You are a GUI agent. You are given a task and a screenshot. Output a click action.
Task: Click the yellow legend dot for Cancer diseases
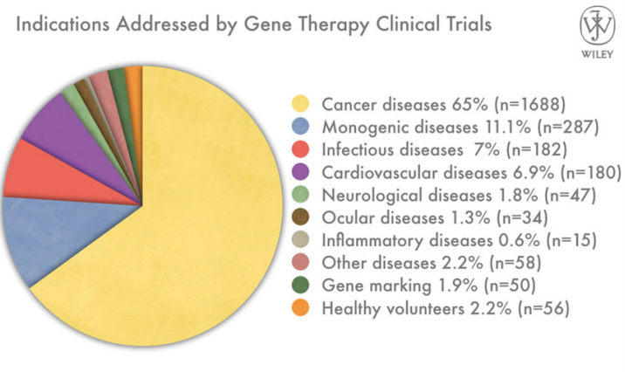pos(300,104)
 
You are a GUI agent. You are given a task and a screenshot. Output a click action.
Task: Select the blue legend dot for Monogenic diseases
pos(300,127)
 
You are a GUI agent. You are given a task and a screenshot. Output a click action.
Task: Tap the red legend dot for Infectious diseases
pos(300,149)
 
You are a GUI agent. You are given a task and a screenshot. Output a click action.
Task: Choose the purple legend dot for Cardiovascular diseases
pos(300,172)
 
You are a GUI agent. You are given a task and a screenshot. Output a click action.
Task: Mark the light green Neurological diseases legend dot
pos(300,195)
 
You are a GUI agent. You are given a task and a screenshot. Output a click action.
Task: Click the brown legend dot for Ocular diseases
pos(300,217)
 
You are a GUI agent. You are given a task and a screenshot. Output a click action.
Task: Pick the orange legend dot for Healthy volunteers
pos(300,307)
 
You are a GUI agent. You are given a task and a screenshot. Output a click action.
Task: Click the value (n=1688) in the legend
pos(530,105)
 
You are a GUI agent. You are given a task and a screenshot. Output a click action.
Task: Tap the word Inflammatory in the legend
pos(367,241)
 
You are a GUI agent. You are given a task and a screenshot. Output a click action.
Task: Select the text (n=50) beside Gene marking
pos(510,286)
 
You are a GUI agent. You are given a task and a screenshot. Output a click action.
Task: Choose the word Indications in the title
pos(63,24)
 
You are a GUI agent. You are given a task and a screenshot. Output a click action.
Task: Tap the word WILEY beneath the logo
pos(597,55)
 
